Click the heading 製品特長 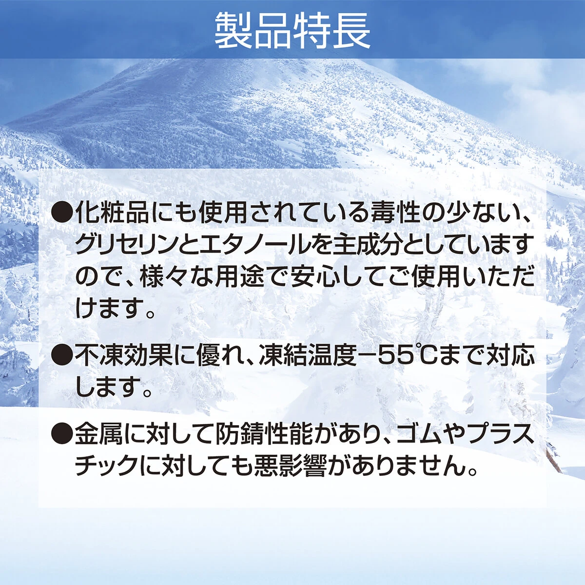point(292,30)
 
